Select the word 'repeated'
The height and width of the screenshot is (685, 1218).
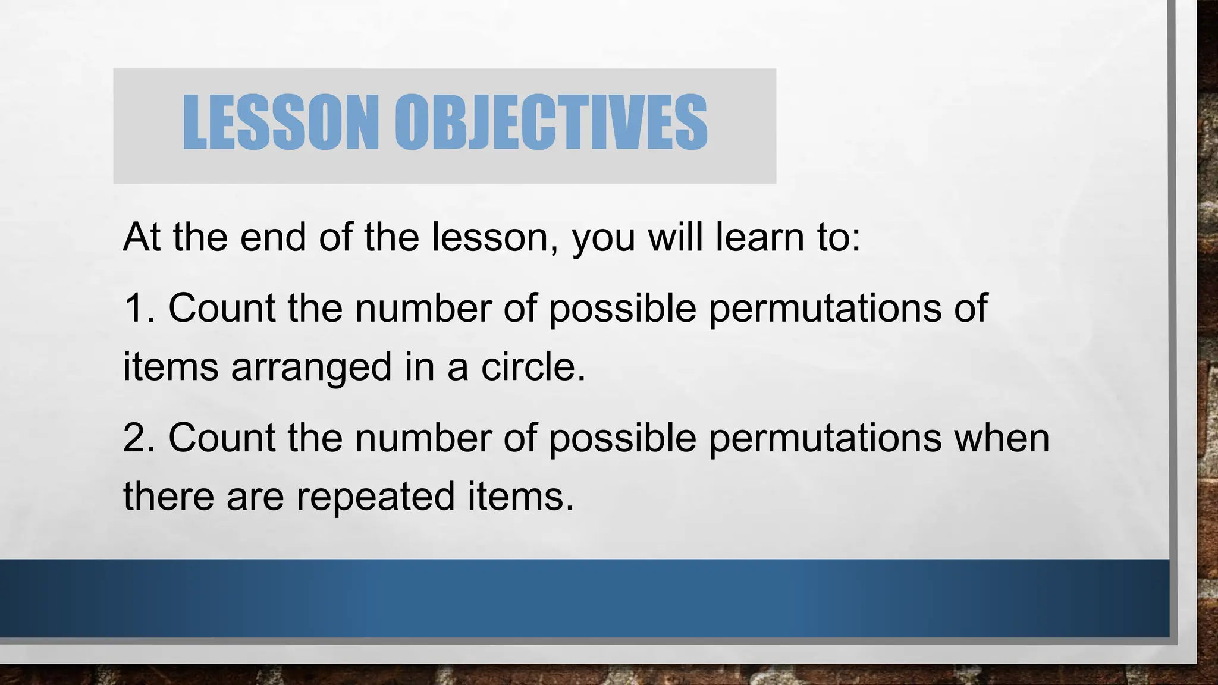click(x=375, y=497)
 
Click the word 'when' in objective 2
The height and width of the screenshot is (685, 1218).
click(x=1002, y=438)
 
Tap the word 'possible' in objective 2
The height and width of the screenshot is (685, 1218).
click(x=622, y=439)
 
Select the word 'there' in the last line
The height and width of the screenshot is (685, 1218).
click(x=168, y=496)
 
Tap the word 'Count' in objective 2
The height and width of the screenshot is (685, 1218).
click(x=222, y=438)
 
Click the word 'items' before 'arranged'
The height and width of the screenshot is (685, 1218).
click(x=170, y=366)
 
